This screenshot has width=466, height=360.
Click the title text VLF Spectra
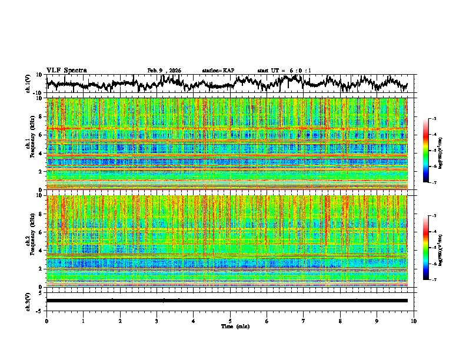[66, 71]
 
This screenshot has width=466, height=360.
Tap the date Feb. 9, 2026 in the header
[164, 71]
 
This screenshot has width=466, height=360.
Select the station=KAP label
[218, 71]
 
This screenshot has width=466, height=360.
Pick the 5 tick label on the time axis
[230, 321]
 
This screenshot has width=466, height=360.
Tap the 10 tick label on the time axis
[414, 321]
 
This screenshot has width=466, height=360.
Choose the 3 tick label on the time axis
[157, 321]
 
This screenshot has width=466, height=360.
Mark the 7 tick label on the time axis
[304, 321]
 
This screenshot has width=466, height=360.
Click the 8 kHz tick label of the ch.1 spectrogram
[41, 117]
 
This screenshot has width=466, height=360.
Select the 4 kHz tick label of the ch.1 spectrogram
[41, 154]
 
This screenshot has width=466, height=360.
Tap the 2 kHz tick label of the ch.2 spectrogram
[41, 269]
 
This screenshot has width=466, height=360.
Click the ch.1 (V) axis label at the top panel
[28, 84]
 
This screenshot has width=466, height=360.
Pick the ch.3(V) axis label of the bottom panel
[28, 301]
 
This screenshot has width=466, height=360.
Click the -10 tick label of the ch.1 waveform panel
[37, 93]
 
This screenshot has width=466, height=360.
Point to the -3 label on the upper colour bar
[435, 119]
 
